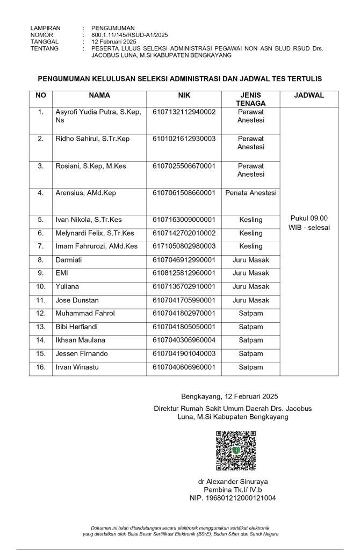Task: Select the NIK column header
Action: tap(184, 96)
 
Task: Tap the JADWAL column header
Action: tap(309, 96)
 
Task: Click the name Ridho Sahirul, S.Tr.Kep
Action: tap(92, 139)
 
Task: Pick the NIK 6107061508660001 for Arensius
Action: tap(184, 193)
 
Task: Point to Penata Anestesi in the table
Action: tap(251, 193)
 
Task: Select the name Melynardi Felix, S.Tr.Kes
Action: tap(95, 233)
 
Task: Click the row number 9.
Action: tap(41, 273)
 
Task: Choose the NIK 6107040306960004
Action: tap(184, 340)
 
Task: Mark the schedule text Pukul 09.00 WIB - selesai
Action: tap(309, 222)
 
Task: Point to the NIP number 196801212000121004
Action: tap(233, 498)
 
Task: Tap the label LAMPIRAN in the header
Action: tap(46, 27)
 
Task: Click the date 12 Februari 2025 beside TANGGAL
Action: tap(114, 41)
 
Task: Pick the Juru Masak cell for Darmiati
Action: tap(251, 260)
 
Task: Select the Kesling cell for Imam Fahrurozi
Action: tap(251, 247)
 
